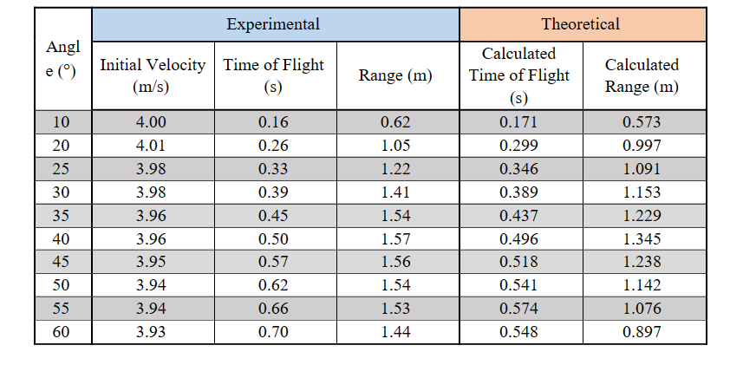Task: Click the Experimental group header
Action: click(x=273, y=24)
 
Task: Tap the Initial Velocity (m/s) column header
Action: click(x=153, y=75)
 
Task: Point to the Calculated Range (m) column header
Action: click(x=642, y=75)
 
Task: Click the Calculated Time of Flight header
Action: click(x=519, y=75)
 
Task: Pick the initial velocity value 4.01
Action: click(x=152, y=145)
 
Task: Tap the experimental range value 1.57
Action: click(x=395, y=238)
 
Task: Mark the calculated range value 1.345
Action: click(x=642, y=238)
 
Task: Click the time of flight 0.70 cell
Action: click(x=273, y=332)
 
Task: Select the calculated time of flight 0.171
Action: click(x=518, y=121)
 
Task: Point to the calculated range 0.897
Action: click(x=642, y=332)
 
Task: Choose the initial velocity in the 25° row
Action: click(x=152, y=168)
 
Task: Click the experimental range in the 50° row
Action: click(x=395, y=285)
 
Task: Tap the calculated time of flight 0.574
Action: click(x=518, y=309)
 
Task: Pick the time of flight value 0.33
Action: click(x=273, y=168)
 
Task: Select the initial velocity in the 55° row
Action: click(x=152, y=309)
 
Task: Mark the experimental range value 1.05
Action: click(x=395, y=145)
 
